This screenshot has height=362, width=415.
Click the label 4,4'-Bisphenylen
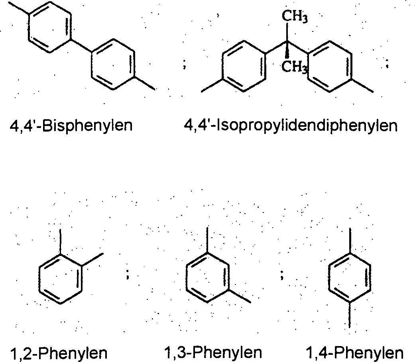pos(71,126)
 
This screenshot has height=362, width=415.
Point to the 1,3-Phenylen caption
pos(213,352)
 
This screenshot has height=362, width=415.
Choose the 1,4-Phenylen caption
pos(354,352)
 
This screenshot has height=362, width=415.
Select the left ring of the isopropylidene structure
pos(243,68)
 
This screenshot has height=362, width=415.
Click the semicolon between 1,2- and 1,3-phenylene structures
pos(128,273)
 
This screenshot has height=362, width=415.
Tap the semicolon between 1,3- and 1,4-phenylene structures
pos(281,273)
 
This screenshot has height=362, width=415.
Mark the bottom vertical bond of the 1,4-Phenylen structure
pos(350,315)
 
